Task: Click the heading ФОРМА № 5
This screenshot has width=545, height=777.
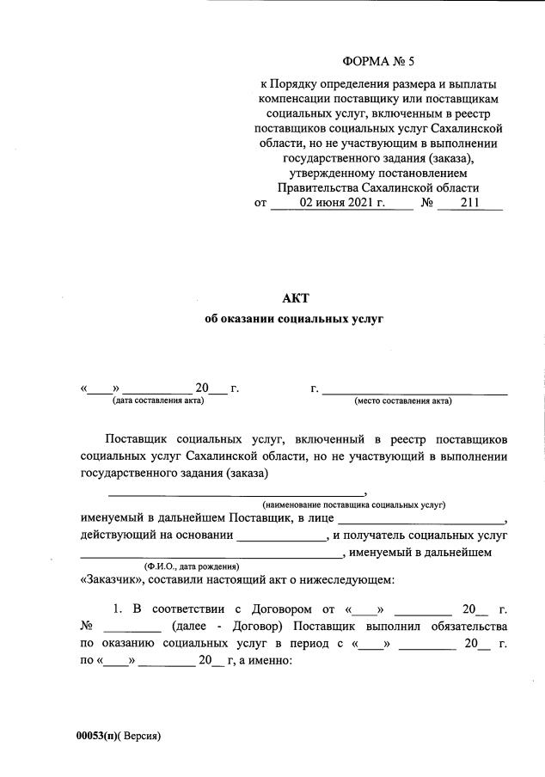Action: click(378, 61)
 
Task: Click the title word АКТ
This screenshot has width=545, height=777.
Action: click(294, 297)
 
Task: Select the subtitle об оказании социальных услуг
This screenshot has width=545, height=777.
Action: click(294, 318)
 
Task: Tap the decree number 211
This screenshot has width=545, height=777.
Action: click(469, 204)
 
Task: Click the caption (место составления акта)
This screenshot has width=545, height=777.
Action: click(403, 400)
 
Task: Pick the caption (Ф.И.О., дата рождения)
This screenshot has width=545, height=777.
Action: click(191, 566)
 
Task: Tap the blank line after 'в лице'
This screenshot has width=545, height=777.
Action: click(422, 522)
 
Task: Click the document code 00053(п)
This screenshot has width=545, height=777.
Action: click(97, 736)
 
